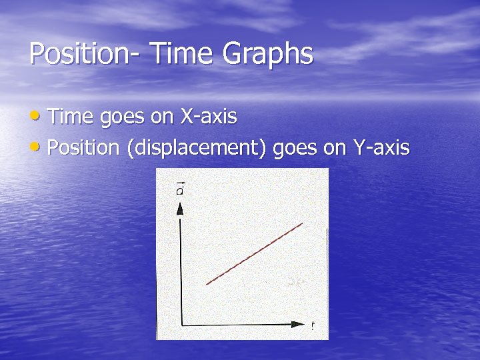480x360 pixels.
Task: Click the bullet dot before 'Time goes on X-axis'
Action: (35, 117)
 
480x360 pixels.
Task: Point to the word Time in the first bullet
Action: (71, 117)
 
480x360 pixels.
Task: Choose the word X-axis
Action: (209, 117)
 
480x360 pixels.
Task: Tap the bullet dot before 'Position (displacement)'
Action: (35, 147)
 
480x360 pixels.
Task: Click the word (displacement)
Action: (201, 148)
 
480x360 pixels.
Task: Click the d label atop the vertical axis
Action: (180, 191)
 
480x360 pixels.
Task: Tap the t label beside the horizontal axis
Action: (312, 326)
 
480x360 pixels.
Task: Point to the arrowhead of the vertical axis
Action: (180, 209)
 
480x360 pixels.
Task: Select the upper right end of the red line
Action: (303, 223)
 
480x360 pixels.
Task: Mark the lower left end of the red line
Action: (207, 285)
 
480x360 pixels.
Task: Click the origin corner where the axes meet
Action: (181, 325)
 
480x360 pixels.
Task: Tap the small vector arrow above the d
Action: (180, 183)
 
